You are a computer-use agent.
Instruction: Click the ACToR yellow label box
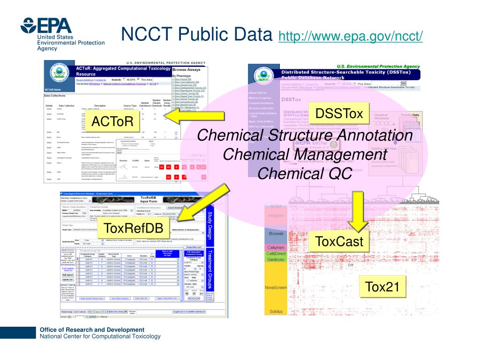112,122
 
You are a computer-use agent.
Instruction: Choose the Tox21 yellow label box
382,286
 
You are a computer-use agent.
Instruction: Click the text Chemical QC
305,173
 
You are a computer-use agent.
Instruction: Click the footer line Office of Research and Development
92,330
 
